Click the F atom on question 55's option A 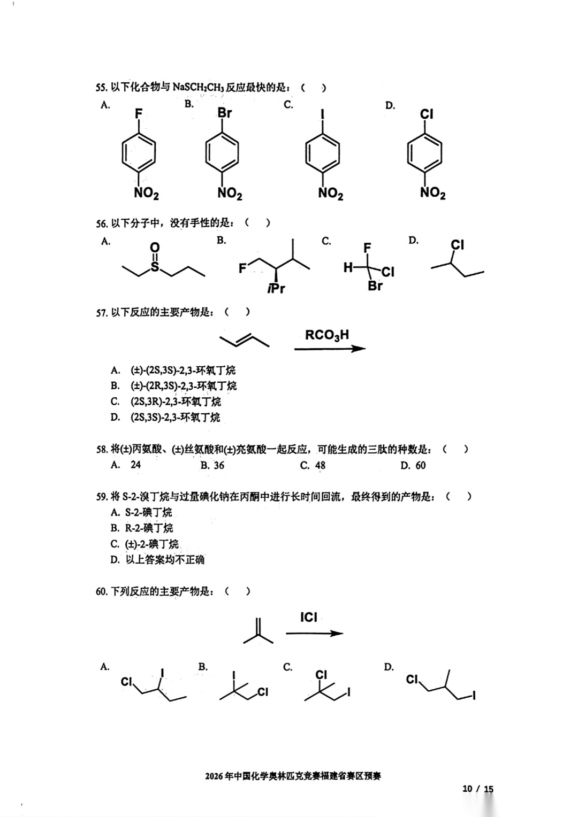tap(139, 114)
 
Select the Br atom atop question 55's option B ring tap(225, 113)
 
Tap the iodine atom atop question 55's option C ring tap(322, 114)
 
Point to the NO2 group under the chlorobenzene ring tap(432, 192)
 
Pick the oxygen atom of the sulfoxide tap(155, 248)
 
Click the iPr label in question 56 tap(276, 289)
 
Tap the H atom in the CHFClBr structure tap(348, 268)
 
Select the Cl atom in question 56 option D tap(457, 245)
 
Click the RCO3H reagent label tap(327, 335)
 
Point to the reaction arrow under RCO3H tap(330, 349)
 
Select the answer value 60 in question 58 tap(420, 465)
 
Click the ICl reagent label tap(309, 618)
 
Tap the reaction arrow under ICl tap(314, 633)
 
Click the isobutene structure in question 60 tap(258, 630)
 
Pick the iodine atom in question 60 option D tap(474, 696)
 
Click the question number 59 tap(102, 497)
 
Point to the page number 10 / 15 tap(477, 789)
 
